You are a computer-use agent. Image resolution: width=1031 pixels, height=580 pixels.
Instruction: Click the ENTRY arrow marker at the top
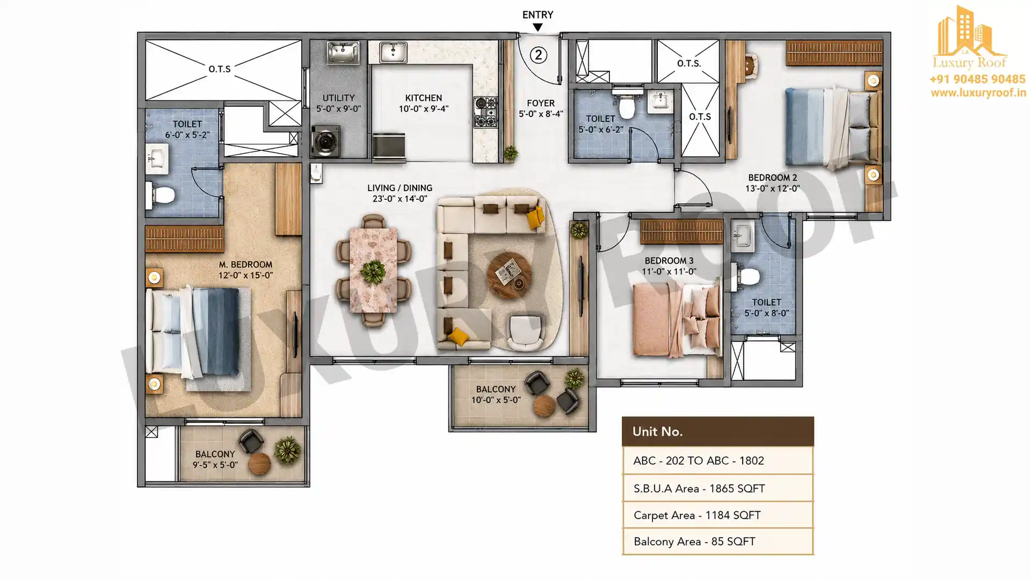coord(538,27)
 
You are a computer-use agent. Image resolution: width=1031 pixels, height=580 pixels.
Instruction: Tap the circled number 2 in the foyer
coord(539,55)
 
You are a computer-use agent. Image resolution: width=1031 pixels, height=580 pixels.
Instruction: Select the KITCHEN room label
coord(424,98)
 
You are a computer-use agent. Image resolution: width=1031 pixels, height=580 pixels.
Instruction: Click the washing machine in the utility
coord(325,141)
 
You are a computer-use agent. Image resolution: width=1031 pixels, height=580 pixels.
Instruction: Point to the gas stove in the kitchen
coord(485,112)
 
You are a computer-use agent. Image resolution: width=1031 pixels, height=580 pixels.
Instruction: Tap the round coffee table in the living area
coord(510,275)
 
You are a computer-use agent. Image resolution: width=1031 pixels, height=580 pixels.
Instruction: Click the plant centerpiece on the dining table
coord(373,271)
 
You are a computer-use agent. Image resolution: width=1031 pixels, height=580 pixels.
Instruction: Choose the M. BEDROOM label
coord(245,265)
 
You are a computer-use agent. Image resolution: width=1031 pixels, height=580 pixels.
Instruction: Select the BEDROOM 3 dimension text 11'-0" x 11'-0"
coord(669,272)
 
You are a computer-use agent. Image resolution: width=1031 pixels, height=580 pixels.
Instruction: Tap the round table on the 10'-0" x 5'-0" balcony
coord(544,405)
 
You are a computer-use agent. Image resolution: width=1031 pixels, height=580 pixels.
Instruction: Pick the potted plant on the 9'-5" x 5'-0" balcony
coord(288,450)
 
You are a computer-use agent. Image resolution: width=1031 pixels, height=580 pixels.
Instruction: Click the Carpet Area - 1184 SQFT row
coord(718,515)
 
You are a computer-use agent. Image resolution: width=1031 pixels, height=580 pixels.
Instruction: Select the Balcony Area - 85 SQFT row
coord(718,541)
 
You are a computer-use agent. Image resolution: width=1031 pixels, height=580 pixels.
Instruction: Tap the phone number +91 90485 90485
coord(977,79)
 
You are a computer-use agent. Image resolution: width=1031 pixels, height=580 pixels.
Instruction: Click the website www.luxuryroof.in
coord(978,93)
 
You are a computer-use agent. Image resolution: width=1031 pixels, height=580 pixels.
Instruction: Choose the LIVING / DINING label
coord(400,188)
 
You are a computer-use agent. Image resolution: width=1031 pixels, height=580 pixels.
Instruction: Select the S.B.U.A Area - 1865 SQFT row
coord(718,488)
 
